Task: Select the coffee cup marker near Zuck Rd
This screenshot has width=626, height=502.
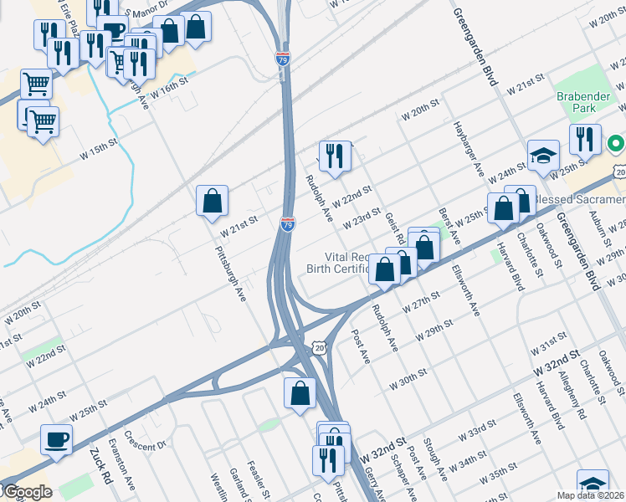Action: pyautogui.click(x=57, y=439)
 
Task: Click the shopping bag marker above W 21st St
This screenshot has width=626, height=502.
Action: pyautogui.click(x=213, y=201)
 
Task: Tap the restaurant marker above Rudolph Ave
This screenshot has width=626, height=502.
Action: pyautogui.click(x=334, y=156)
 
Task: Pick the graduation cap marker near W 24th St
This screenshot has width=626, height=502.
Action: pyautogui.click(x=543, y=156)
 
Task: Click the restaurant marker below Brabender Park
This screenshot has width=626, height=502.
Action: pyautogui.click(x=585, y=139)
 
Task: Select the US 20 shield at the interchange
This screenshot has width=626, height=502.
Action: pyautogui.click(x=321, y=346)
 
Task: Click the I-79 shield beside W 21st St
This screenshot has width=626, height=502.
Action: pyautogui.click(x=287, y=224)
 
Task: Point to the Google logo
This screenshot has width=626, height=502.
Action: pyautogui.click(x=28, y=492)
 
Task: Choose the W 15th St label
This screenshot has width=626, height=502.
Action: pyautogui.click(x=100, y=151)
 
